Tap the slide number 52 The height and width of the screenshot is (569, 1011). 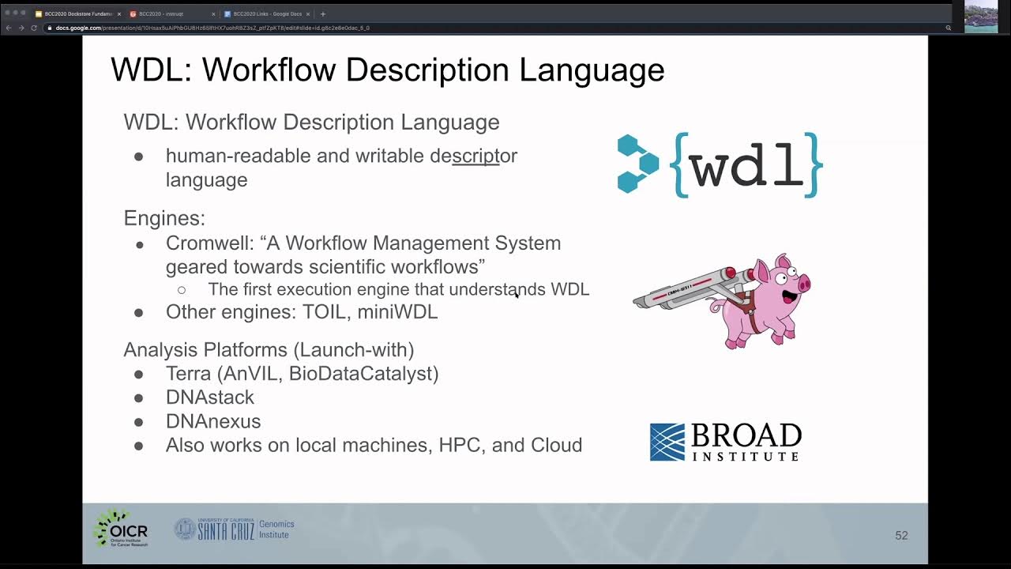[x=901, y=536]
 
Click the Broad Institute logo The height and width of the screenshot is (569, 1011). [x=725, y=442]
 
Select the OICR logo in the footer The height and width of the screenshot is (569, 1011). [x=121, y=528]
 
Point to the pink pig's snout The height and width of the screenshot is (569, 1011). [x=804, y=283]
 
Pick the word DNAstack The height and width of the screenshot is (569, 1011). [x=210, y=398]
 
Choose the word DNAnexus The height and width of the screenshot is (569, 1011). [x=213, y=421]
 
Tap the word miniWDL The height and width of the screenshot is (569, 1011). [x=397, y=312]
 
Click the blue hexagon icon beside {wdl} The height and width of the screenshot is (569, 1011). [x=637, y=164]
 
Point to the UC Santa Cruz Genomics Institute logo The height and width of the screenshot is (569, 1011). [x=234, y=529]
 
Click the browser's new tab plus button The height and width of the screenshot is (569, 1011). [x=322, y=13]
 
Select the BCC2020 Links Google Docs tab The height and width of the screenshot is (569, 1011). [x=267, y=13]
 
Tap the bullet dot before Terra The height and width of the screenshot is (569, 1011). [x=139, y=374]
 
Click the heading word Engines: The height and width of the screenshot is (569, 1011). [x=164, y=218]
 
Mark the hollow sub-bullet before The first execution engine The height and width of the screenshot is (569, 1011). [x=182, y=290]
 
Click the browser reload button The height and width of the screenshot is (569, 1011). [x=34, y=28]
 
